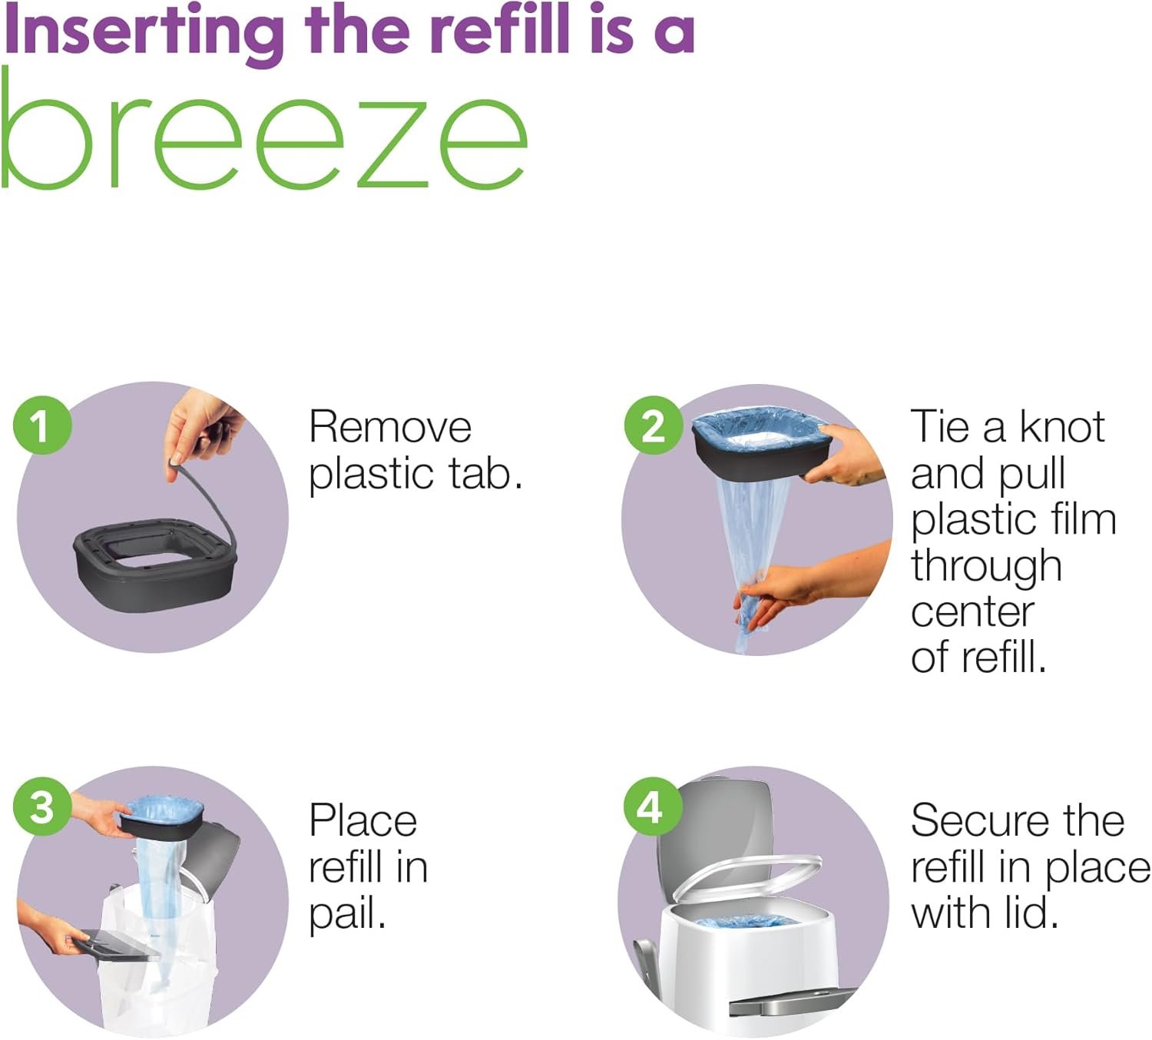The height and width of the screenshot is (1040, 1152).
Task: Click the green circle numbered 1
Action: [42, 426]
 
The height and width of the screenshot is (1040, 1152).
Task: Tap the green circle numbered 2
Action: [654, 426]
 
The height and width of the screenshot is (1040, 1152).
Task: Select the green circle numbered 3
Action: [42, 807]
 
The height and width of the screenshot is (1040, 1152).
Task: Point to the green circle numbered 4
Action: [652, 806]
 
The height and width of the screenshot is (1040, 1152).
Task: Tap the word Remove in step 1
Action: [390, 427]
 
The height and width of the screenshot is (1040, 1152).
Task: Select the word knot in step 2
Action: [1062, 426]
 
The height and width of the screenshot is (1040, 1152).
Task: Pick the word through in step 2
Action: [986, 567]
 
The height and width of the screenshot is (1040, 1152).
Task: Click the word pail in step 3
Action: [346, 914]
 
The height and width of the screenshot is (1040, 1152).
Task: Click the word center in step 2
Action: [973, 612]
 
